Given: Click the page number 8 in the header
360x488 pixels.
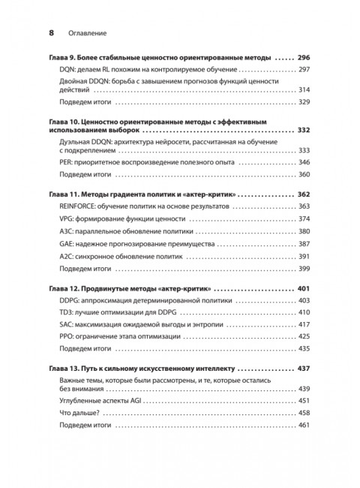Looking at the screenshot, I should coord(52,33).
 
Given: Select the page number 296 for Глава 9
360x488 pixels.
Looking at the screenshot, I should coord(304,57).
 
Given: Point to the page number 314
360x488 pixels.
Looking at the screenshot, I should coord(304,89).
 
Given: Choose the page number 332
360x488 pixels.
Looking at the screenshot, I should coord(304,130).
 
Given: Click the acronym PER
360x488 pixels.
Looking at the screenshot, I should coord(66,162).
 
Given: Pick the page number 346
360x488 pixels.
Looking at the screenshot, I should coord(304,162).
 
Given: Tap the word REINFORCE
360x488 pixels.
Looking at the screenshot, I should coord(82,205).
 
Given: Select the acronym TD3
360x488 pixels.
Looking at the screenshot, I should coord(67,312).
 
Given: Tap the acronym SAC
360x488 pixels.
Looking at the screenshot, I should coord(67,325).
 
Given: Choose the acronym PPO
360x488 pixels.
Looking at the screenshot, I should coord(67,339).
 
